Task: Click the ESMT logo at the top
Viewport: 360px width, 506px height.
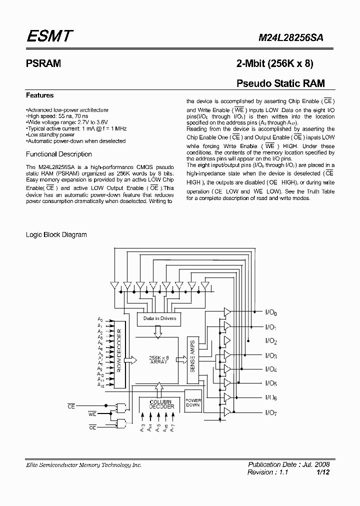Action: click(49, 36)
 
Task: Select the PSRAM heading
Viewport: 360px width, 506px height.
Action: click(43, 63)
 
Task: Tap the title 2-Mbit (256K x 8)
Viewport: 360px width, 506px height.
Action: click(275, 63)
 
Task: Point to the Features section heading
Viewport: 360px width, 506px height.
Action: click(39, 95)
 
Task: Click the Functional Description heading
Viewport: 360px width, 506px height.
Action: click(58, 154)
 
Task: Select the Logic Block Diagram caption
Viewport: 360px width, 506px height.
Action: click(56, 234)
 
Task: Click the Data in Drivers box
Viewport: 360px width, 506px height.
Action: click(159, 318)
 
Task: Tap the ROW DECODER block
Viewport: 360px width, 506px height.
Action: click(119, 352)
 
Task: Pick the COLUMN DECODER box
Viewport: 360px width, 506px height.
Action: click(161, 404)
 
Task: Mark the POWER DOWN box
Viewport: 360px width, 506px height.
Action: click(193, 403)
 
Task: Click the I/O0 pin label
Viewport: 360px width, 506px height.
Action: click(270, 313)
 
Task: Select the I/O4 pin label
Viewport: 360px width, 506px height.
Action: click(270, 369)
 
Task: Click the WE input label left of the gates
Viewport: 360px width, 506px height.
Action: click(92, 414)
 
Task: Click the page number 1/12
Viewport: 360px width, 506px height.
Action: click(323, 472)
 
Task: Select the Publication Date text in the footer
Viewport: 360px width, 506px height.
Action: click(288, 464)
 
